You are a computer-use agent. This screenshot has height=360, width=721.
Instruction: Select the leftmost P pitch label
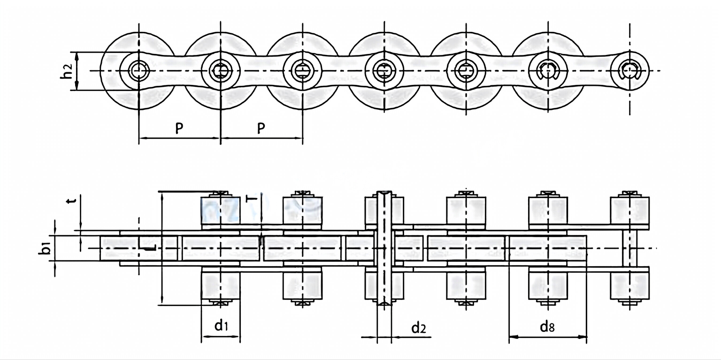point(179,129)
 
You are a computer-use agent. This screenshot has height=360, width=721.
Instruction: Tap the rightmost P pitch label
point(261,129)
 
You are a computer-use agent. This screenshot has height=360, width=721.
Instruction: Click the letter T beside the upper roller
point(252,199)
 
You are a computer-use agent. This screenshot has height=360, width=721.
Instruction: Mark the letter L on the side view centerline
point(149,247)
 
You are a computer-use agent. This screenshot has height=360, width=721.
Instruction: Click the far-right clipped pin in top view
point(630,70)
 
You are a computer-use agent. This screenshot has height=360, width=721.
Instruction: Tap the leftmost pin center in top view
point(139,70)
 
